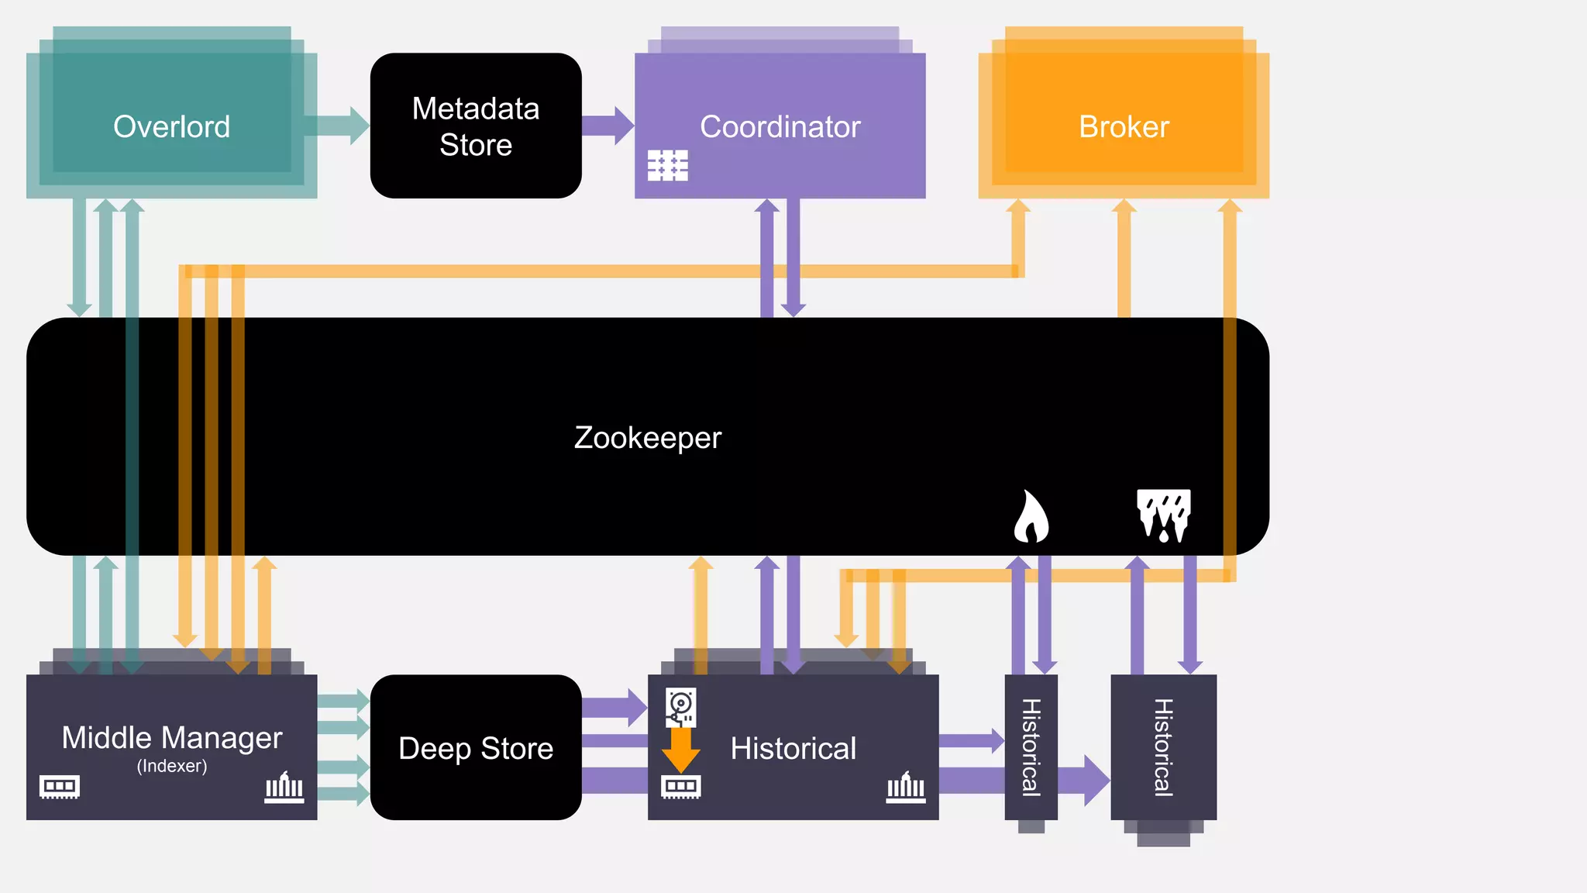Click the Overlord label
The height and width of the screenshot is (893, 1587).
[x=171, y=126]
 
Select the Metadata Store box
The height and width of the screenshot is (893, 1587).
[x=476, y=126]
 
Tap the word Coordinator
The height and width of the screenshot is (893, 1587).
[x=780, y=126]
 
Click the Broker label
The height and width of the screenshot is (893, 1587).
[x=1124, y=126]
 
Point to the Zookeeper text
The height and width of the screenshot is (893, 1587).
[x=648, y=437]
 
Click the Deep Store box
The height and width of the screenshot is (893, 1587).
[x=476, y=747]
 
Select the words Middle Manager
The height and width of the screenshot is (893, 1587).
[x=171, y=737]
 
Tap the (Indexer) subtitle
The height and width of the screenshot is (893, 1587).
[x=171, y=766]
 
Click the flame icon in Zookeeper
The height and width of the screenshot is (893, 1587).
[x=1031, y=516]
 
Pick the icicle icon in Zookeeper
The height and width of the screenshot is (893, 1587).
[x=1163, y=515]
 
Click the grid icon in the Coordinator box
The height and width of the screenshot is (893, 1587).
[x=667, y=165]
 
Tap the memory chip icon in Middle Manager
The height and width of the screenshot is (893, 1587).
[x=60, y=787]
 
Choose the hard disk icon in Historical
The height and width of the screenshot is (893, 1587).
[x=680, y=707]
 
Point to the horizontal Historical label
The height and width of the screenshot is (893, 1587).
[x=793, y=748]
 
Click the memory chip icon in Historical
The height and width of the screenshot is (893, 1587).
[x=680, y=787]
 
